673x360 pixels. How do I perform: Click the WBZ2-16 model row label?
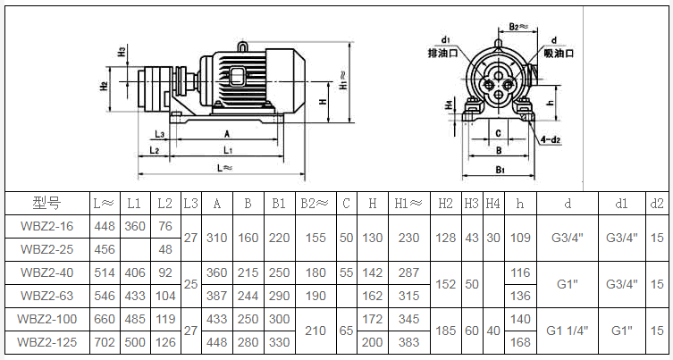(47, 226)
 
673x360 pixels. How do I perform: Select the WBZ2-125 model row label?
(47, 342)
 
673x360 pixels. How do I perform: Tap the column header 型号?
(47, 203)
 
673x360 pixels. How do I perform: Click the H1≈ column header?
(408, 204)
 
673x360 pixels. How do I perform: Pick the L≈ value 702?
(105, 342)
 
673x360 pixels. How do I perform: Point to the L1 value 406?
(135, 272)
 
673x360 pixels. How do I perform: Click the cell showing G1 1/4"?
(568, 331)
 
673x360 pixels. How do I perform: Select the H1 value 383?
(408, 342)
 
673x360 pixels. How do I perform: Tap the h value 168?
(520, 342)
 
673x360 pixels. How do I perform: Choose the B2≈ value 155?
(315, 238)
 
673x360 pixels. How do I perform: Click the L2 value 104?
(165, 296)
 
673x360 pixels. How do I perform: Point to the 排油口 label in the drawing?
(443, 54)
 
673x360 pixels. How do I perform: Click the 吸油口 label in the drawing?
(559, 54)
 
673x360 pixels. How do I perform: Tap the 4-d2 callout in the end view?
(551, 140)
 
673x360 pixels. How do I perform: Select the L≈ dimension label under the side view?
(224, 168)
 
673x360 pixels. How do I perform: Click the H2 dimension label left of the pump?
(104, 86)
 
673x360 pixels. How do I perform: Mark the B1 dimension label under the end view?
(500, 170)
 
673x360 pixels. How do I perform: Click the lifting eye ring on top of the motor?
(242, 46)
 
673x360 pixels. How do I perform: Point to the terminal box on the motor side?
(237, 77)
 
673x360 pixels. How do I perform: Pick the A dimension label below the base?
(227, 134)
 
